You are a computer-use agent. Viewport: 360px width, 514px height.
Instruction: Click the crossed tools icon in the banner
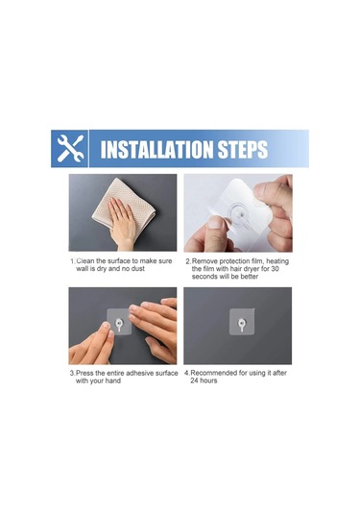pos(70,149)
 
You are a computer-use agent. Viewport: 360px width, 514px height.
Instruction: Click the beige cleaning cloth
pos(124,208)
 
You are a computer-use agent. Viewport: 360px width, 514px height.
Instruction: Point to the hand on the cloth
pos(122,224)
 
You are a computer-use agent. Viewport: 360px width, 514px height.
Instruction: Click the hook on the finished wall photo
pos(242,324)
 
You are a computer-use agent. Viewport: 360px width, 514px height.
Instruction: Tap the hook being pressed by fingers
pos(119,325)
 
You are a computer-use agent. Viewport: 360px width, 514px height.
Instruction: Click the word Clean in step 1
pos(85,261)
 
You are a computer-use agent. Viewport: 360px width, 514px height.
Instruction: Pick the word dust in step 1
pos(137,269)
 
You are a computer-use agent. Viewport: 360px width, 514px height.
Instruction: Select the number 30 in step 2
pos(276,269)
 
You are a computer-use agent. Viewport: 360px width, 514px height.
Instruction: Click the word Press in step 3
pos(84,373)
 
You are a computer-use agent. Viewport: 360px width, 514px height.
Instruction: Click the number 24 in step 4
pos(195,380)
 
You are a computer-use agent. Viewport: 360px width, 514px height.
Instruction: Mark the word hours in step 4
pos(209,380)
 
